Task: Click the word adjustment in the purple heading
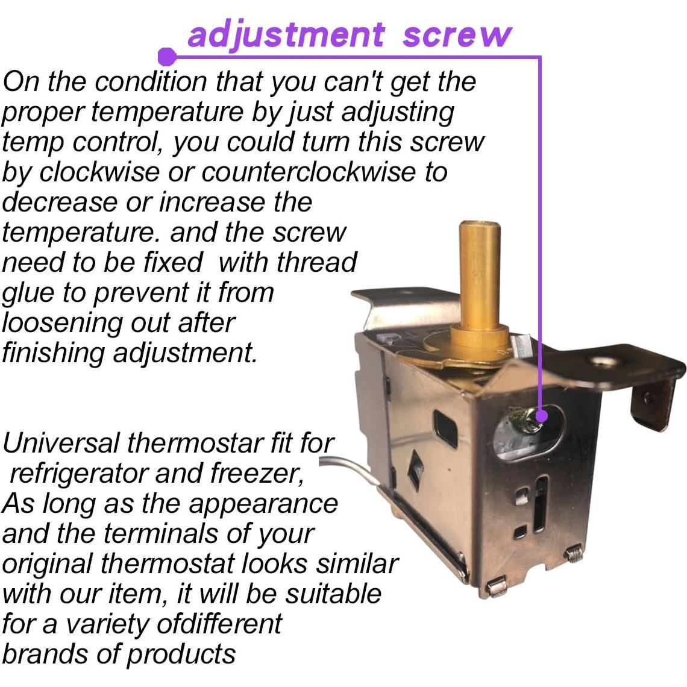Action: pos(286,35)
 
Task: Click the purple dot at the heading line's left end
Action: pos(167,57)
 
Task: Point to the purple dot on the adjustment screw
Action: pos(541,415)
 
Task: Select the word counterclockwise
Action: pos(309,172)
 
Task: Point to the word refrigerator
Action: pos(78,474)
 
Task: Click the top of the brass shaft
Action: pos(480,225)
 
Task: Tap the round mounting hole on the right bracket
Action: pos(602,362)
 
